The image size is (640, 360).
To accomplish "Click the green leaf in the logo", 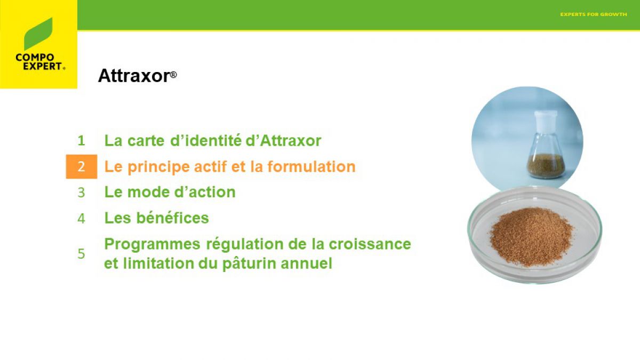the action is (38, 34).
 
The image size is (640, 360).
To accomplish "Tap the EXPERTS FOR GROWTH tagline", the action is (594, 14).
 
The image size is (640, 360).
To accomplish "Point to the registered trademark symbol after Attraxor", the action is (173, 75).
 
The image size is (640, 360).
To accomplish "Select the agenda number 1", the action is (81, 141).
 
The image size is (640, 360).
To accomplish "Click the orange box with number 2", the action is (82, 166).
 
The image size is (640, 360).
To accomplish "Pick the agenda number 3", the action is (81, 193).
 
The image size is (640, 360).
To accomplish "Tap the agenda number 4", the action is (81, 219).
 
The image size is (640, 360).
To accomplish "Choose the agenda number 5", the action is (81, 254).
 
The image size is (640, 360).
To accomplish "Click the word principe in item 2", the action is (158, 167).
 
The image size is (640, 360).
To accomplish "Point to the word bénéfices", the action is (173, 218).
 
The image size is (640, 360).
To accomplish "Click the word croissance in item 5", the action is (370, 244).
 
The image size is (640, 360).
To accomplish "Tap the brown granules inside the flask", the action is (546, 166).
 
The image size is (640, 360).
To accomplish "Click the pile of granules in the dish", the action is (531, 237).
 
